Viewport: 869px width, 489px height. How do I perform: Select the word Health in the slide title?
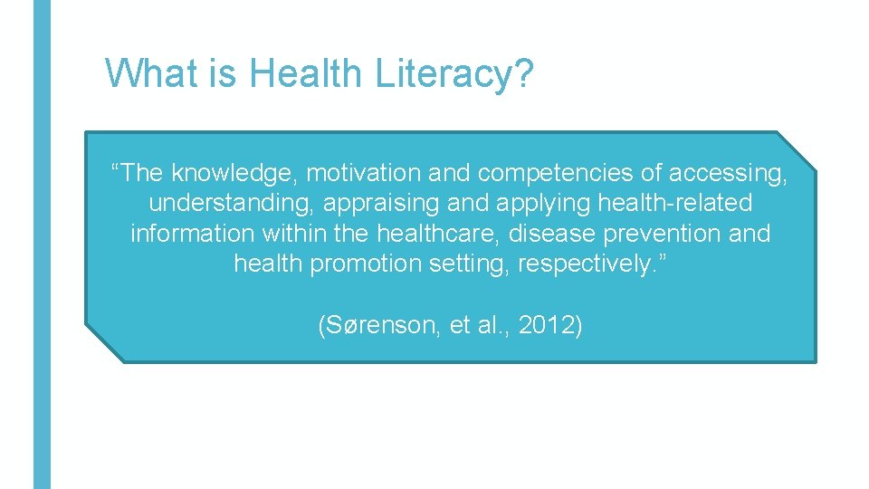click(304, 72)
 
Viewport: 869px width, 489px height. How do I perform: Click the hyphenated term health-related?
click(675, 202)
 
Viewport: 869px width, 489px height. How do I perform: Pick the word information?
click(193, 233)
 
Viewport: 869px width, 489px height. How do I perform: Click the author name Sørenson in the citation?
click(378, 325)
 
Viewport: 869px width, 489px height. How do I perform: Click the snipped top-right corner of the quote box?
click(797, 150)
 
